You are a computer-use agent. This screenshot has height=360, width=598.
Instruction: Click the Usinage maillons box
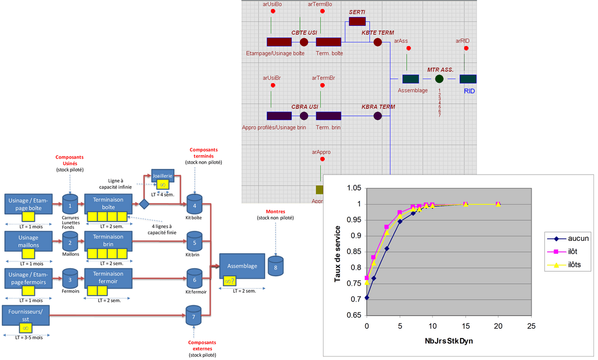(x=29, y=242)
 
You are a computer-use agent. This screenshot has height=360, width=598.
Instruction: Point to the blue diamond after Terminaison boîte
(x=144, y=204)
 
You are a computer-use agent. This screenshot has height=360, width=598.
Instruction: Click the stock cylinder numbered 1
(x=70, y=205)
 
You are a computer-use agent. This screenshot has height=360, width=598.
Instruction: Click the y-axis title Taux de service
(x=338, y=254)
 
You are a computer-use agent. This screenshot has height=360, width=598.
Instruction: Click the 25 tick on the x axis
(x=531, y=326)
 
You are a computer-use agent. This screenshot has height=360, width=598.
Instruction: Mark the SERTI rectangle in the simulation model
(x=357, y=21)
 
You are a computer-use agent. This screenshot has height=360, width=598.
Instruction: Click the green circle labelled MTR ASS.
(x=439, y=79)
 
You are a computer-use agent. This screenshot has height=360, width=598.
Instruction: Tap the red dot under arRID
(x=466, y=48)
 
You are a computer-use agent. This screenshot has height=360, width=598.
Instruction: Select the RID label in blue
(x=469, y=91)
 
